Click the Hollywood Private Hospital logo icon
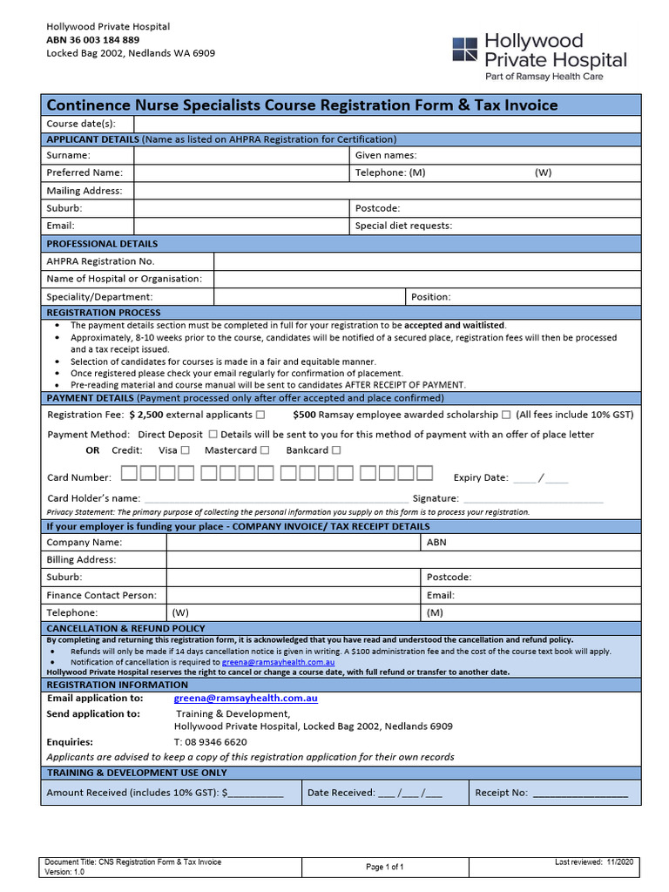(464, 49)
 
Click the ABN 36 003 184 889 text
(92, 40)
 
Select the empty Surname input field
(241, 155)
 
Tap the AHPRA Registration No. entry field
(427, 261)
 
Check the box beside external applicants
(260, 415)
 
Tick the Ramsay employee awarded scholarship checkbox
(506, 415)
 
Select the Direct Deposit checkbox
(213, 434)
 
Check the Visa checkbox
(186, 450)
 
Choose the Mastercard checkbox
(266, 450)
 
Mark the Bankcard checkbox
(336, 450)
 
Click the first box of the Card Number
(128, 474)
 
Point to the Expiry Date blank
(540, 477)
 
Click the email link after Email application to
(246, 698)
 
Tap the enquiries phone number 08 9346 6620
(210, 742)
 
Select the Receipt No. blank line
(579, 794)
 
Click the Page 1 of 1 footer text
(384, 867)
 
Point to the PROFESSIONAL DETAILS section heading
(102, 244)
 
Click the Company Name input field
(294, 542)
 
